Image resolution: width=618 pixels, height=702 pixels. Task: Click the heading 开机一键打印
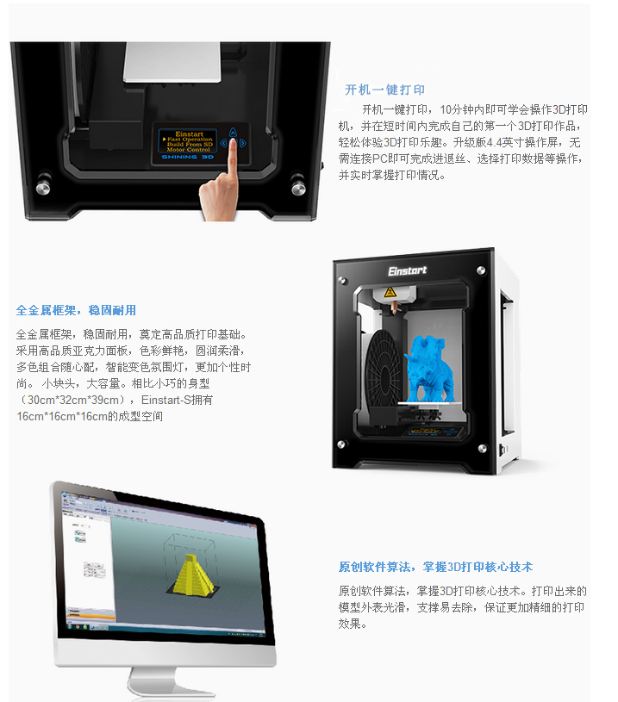tap(384, 90)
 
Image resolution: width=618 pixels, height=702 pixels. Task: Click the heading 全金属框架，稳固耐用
tap(76, 310)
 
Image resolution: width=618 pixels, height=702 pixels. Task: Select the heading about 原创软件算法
tap(435, 567)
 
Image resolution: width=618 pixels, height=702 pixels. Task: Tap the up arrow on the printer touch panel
tap(233, 132)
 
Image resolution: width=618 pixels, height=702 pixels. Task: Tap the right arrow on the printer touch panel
tap(242, 143)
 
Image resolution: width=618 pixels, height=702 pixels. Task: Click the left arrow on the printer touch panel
tap(223, 143)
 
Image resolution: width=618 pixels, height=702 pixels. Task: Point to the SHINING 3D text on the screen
tap(187, 157)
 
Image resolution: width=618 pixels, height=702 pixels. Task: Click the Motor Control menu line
tap(188, 150)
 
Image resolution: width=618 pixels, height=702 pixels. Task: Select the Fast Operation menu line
tap(190, 140)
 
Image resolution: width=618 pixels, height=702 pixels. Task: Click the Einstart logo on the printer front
tap(407, 270)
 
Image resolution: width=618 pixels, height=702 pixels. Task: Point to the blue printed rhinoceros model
tap(429, 369)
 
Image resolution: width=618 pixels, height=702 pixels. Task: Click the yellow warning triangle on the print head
tap(390, 292)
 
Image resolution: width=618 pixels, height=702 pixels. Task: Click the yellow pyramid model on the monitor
tap(194, 575)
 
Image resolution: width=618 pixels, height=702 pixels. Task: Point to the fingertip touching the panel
tap(233, 143)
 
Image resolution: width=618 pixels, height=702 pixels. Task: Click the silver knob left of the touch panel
tap(43, 188)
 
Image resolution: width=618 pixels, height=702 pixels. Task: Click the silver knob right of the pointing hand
tap(298, 189)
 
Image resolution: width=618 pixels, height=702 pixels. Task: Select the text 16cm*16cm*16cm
tap(62, 416)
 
